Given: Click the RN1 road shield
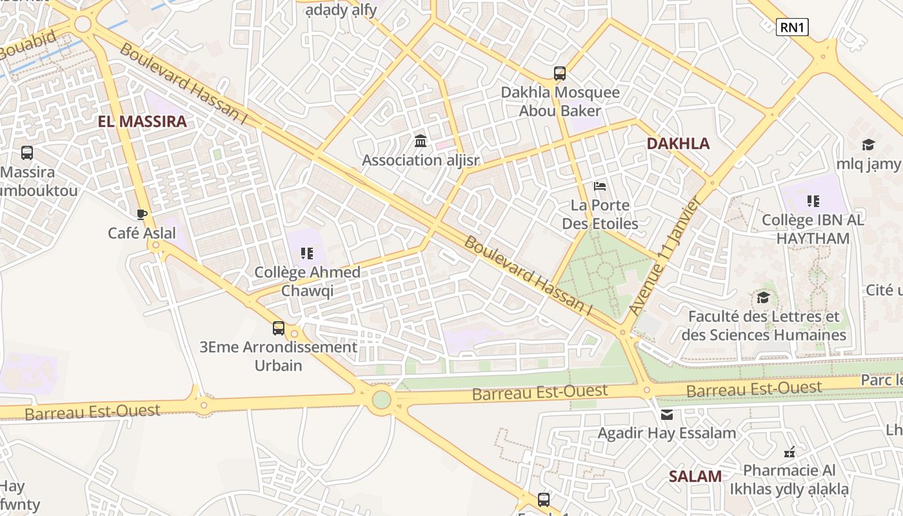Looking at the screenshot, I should pos(792,27).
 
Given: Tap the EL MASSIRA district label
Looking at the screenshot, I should pos(142,121).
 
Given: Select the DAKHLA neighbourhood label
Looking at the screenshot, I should pos(678,144).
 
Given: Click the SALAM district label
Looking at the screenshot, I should pos(695,477).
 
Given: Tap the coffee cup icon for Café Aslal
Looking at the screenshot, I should pos(142,214).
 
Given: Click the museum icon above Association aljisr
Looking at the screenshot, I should pos(421,141).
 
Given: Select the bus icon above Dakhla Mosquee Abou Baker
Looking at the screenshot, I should pos(559,74).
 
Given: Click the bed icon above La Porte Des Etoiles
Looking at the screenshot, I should pos(600,187).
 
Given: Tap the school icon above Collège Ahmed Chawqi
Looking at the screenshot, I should pos(307,253).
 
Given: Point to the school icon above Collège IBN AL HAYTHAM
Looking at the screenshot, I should pos(813,201).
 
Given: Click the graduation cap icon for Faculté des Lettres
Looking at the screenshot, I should pos(764,297).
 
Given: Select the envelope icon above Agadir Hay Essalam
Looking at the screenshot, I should pos(666,415).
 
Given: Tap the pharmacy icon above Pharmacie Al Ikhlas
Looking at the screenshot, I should pos(789,452).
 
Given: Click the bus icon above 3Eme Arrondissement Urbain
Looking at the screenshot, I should pos(279,328).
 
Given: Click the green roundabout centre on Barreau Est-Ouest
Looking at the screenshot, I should pos(381,399).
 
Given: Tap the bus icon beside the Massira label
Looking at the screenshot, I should pos(27,153).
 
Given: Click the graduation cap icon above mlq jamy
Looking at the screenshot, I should pos(868,145).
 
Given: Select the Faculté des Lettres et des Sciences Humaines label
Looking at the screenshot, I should pos(764,326).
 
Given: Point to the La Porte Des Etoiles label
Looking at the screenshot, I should pos(600,214).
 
